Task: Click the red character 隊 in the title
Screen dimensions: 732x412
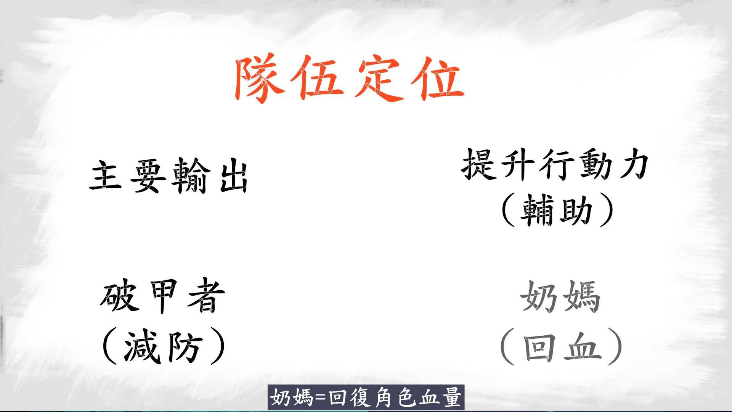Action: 260,80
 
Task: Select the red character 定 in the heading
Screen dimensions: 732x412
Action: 380,80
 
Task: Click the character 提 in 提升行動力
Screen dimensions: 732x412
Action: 479,164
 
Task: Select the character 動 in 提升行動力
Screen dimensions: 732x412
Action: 589,164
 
